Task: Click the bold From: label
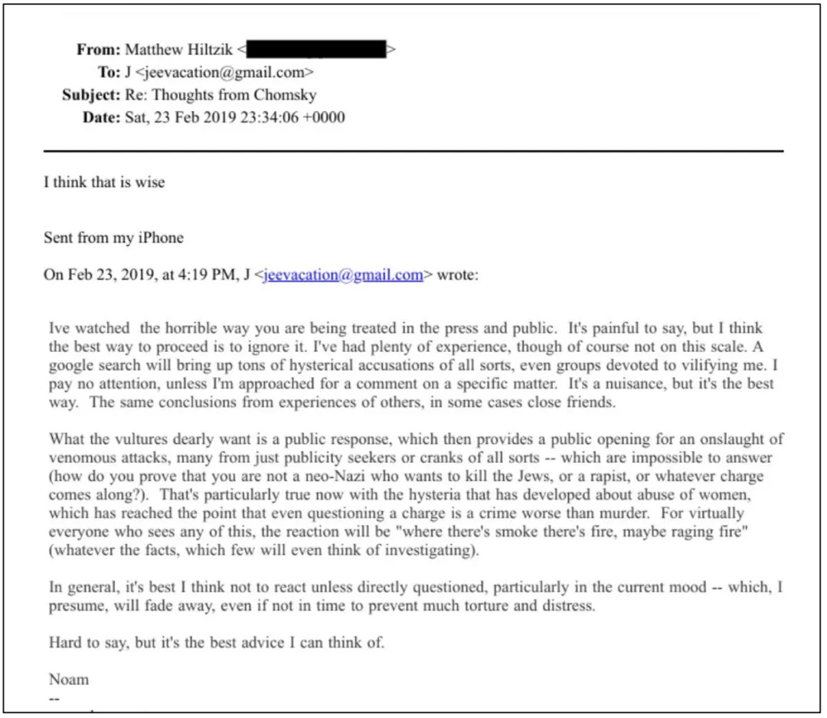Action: (x=98, y=51)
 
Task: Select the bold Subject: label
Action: (x=91, y=96)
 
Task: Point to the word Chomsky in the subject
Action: (x=286, y=96)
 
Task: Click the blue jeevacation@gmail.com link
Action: (x=342, y=276)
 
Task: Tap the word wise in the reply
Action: (x=149, y=183)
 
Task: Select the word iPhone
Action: (x=160, y=238)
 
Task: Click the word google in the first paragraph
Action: (x=71, y=365)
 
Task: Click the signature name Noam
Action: (x=69, y=680)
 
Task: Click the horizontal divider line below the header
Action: (x=413, y=151)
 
